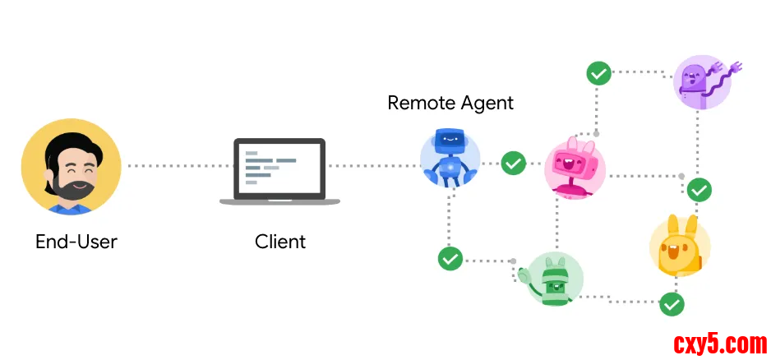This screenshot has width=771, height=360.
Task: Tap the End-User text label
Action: pos(76,242)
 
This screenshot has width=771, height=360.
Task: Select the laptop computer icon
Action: pos(279,171)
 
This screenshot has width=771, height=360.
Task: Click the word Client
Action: pos(280,242)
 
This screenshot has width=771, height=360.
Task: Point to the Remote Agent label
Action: pos(450,103)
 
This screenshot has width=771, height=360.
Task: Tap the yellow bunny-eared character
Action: pos(679,245)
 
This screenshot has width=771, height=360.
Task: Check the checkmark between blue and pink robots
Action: pos(514,163)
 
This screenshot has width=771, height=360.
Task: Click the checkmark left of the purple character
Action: pos(598,72)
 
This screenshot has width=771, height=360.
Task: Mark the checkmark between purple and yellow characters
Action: pos(699,190)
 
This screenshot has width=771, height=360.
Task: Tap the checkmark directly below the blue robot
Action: pos(450,258)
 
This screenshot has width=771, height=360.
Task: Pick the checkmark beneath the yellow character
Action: pos(672,304)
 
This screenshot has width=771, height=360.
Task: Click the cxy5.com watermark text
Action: pos(719,341)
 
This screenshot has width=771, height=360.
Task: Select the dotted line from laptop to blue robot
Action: pos(374,166)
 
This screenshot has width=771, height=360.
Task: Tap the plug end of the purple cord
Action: pos(735,66)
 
